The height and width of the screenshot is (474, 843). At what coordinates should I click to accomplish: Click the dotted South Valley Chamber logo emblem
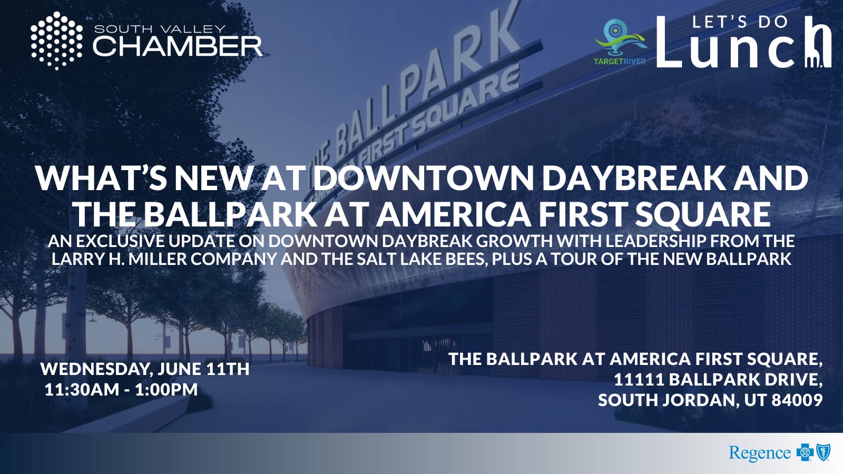tap(56, 41)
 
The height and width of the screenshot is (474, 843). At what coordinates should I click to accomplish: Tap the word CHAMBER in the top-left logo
tap(177, 46)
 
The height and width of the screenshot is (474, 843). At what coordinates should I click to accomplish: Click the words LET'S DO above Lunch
tap(740, 22)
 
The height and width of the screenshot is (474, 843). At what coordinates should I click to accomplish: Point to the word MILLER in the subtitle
tap(163, 260)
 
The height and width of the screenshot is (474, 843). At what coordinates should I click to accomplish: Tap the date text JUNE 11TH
tap(203, 369)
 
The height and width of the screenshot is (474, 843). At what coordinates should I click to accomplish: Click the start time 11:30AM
tap(82, 389)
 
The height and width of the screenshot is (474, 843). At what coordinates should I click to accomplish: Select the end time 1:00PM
tap(166, 389)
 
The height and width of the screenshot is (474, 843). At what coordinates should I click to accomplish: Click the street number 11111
tap(639, 379)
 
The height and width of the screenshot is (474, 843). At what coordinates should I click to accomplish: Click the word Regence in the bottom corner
tap(759, 452)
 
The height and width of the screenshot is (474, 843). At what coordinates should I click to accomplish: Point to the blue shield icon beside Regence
tap(824, 452)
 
